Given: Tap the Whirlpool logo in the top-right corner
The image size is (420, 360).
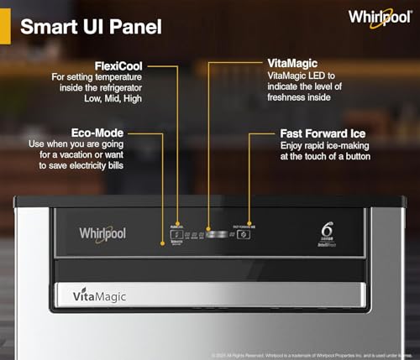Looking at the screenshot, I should tap(381, 17).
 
